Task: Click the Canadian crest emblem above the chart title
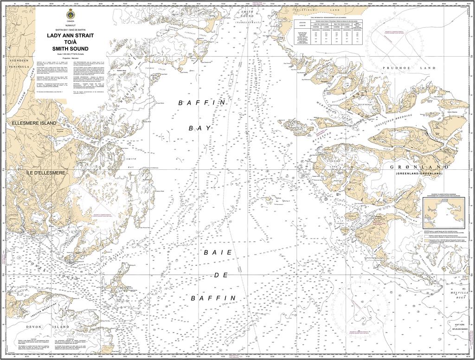[x=70, y=15]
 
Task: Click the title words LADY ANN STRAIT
[x=70, y=35]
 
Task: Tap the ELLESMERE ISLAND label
[x=34, y=123]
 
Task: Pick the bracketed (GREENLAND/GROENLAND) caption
[x=419, y=173]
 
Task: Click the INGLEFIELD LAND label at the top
[x=325, y=9]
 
